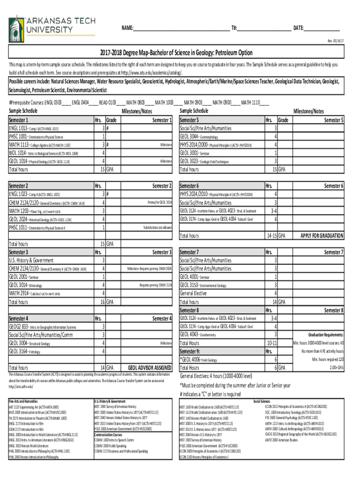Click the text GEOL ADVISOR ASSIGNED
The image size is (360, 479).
pos(150,368)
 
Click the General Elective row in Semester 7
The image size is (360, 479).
pos(193,294)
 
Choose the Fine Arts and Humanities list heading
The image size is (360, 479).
pos(23,401)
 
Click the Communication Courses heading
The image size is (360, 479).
pos(111,435)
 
